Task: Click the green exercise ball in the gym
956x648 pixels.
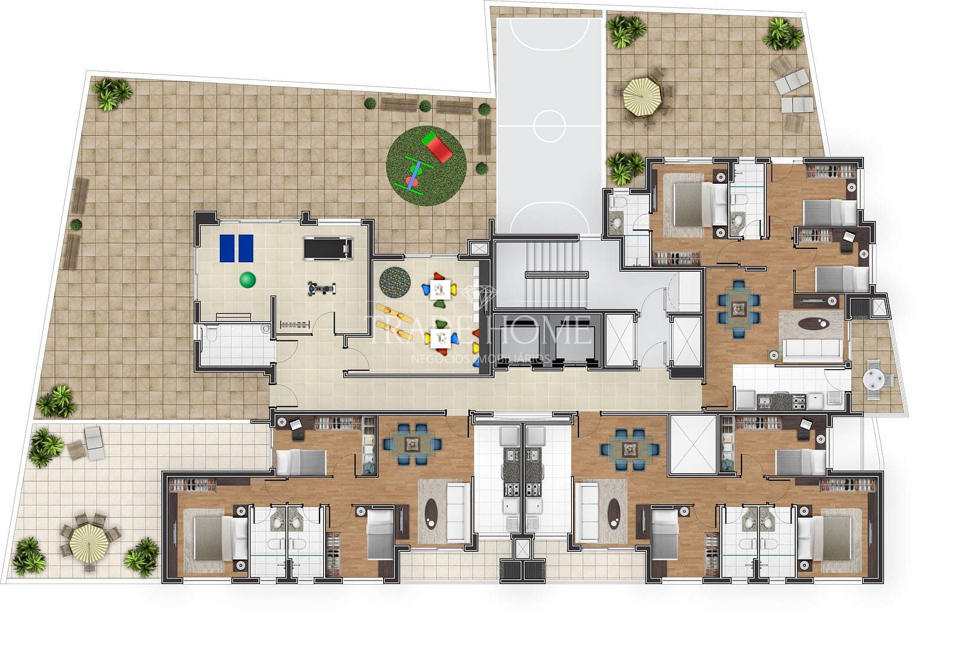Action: (x=247, y=280)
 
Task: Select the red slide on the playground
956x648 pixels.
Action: (x=437, y=148)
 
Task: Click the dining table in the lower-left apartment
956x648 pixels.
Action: (x=412, y=444)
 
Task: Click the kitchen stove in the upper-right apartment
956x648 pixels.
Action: (x=798, y=399)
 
